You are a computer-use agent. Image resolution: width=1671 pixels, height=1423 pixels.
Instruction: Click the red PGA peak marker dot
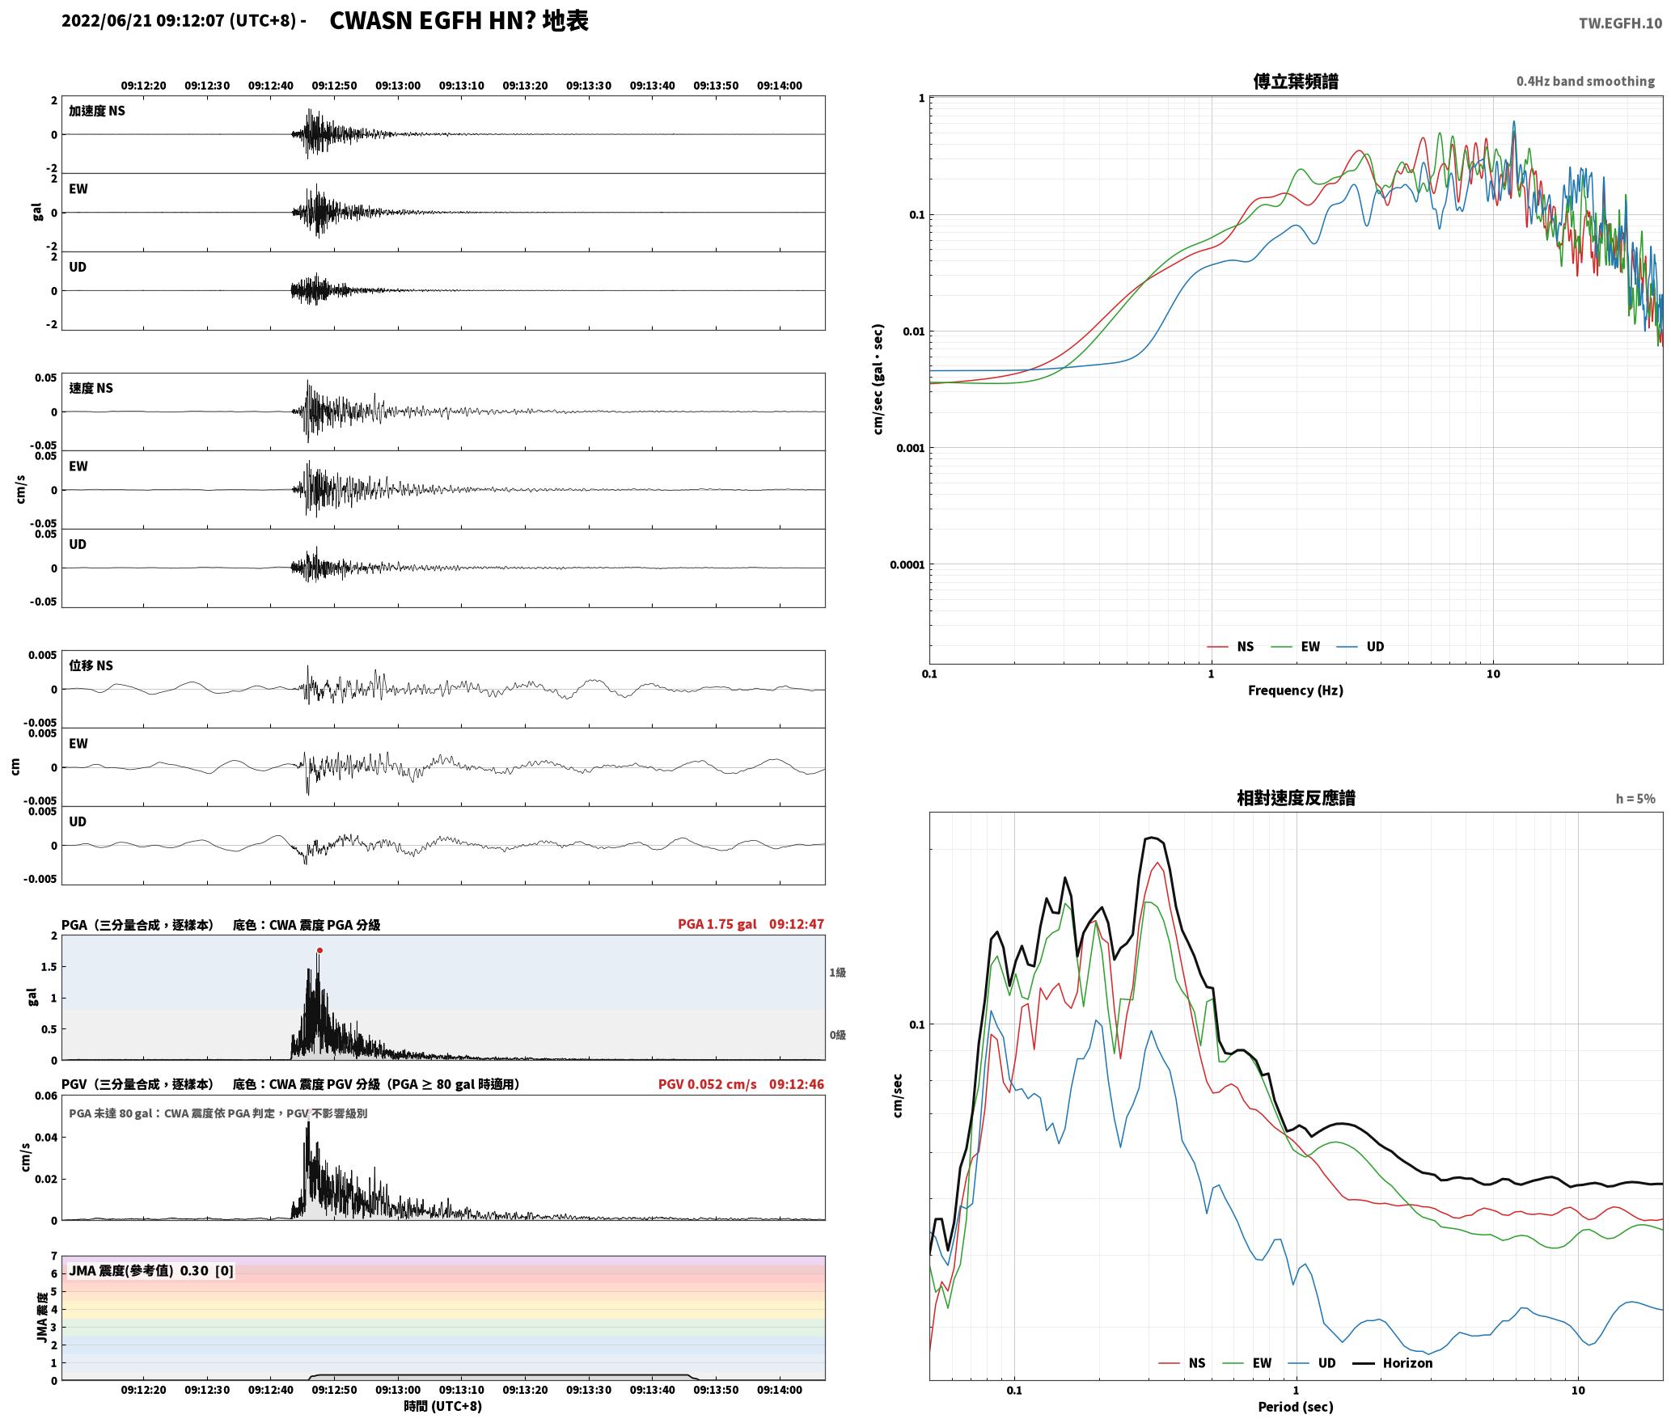pyautogui.click(x=319, y=951)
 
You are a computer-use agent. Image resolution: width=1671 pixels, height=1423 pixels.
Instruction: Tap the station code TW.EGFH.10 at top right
pyautogui.click(x=1620, y=23)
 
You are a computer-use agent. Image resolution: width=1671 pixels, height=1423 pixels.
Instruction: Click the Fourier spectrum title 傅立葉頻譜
pyautogui.click(x=1296, y=81)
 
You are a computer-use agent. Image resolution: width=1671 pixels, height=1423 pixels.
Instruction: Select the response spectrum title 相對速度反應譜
pyautogui.click(x=1296, y=798)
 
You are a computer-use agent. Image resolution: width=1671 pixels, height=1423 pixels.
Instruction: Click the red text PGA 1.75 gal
pyautogui.click(x=717, y=924)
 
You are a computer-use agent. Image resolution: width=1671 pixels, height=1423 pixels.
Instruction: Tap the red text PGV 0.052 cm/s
pyautogui.click(x=708, y=1084)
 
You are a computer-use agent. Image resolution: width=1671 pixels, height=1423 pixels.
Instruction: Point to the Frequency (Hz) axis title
pyautogui.click(x=1296, y=690)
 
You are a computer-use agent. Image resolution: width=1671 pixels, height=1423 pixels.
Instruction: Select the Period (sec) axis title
pyautogui.click(x=1296, y=1407)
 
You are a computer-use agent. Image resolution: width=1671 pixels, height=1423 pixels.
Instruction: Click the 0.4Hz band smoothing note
pyautogui.click(x=1585, y=81)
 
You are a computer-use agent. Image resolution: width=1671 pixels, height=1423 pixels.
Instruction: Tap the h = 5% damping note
pyautogui.click(x=1635, y=799)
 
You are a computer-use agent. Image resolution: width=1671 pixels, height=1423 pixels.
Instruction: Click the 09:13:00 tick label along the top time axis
pyautogui.click(x=398, y=86)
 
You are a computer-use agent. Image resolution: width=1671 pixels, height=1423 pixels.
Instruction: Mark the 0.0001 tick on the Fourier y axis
pyautogui.click(x=907, y=564)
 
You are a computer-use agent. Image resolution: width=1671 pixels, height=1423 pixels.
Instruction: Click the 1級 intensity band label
pyautogui.click(x=838, y=973)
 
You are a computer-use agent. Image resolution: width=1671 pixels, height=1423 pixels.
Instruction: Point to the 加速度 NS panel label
pyautogui.click(x=97, y=111)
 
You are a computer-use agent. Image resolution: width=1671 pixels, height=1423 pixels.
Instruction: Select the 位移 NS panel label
pyautogui.click(x=91, y=665)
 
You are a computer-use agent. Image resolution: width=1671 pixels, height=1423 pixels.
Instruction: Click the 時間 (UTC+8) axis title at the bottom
pyautogui.click(x=443, y=1406)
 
